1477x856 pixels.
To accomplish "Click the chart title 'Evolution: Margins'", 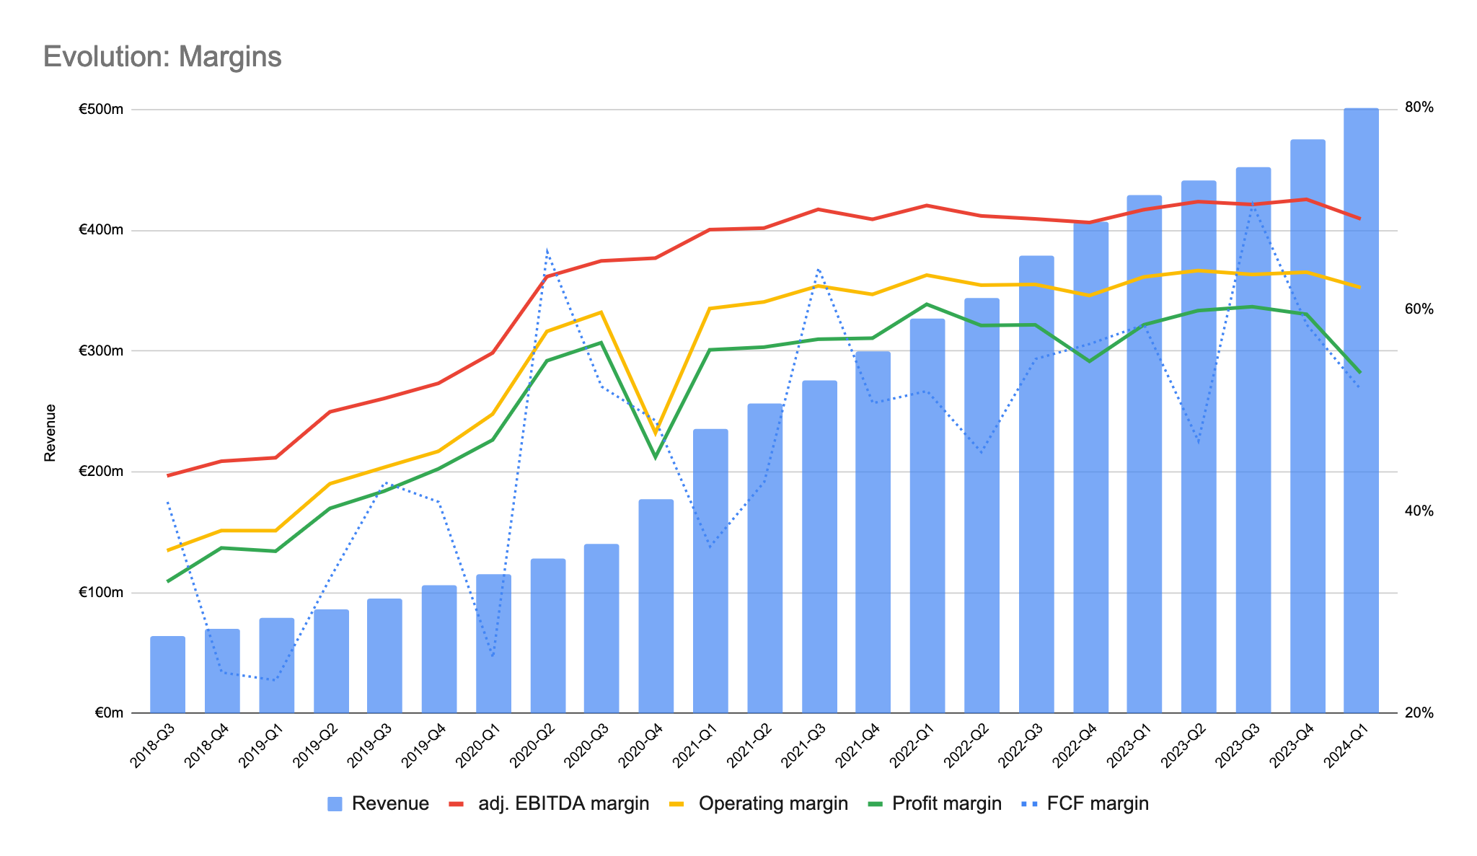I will [x=162, y=57].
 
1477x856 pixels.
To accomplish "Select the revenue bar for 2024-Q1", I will [x=1361, y=411].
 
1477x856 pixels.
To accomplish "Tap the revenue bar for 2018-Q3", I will [x=167, y=674].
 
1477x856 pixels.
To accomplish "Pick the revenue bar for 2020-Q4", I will [x=656, y=606].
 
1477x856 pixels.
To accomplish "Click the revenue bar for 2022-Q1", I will [x=927, y=516].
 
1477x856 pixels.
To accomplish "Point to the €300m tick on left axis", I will [x=101, y=351].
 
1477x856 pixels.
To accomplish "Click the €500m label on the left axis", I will [x=101, y=110].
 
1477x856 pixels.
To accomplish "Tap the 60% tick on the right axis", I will [x=1419, y=309].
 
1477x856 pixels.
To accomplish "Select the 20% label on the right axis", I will [x=1419, y=712].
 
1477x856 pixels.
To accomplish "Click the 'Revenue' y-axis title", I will [x=50, y=433].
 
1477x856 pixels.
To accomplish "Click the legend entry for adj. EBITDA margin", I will [x=563, y=804].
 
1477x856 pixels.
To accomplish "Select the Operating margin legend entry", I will [x=772, y=804].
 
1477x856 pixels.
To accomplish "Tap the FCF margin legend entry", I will [x=1096, y=804].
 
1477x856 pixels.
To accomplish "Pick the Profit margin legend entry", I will [x=945, y=804].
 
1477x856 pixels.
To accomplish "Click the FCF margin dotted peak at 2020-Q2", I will [x=547, y=250].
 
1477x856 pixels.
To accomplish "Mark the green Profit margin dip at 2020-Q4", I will [x=656, y=457].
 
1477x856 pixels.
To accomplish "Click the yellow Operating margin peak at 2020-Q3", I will [x=601, y=312].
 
